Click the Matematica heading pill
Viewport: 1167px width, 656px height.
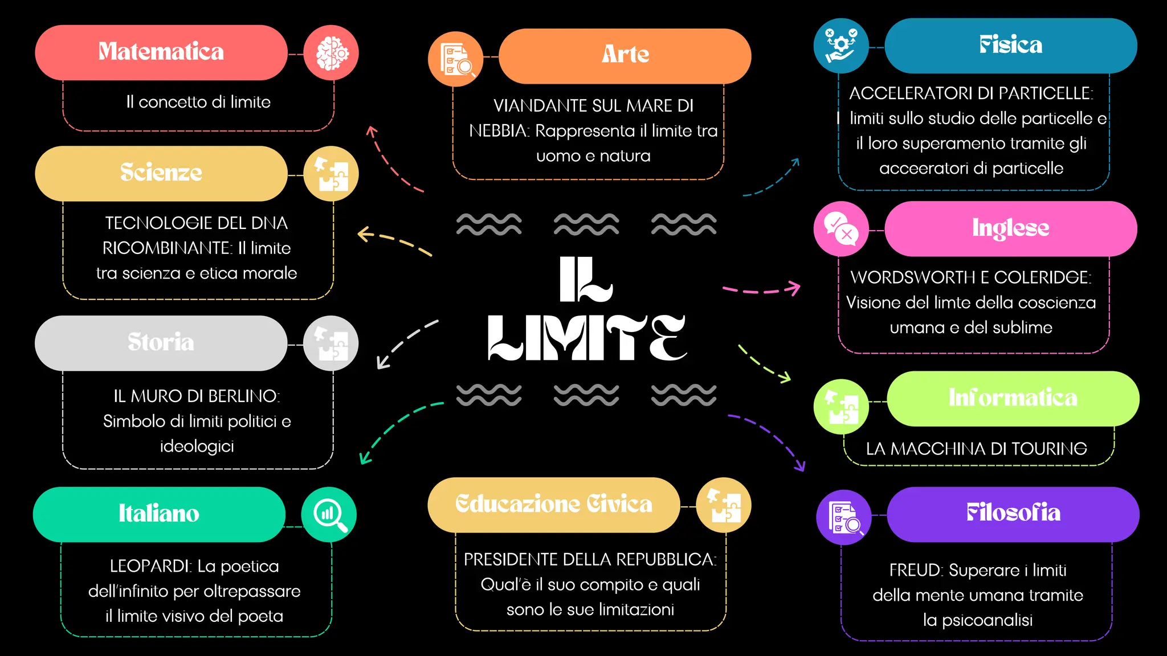(161, 52)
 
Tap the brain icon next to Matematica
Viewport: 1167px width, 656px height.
(331, 53)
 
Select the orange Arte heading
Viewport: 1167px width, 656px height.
(625, 55)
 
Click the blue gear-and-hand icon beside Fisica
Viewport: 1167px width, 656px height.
(841, 46)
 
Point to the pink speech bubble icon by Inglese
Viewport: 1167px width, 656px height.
(841, 228)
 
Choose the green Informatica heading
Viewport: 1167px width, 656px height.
(1013, 398)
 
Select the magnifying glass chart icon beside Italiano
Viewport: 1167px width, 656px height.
(329, 514)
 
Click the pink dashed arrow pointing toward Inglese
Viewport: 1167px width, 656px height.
(761, 290)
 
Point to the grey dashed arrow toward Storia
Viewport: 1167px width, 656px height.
(406, 342)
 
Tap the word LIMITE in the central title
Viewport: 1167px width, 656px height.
(587, 338)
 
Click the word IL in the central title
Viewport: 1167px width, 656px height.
(585, 279)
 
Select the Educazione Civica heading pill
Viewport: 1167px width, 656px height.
(553, 505)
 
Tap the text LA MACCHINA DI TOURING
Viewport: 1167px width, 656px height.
(976, 449)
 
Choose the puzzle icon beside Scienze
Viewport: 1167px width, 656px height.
(331, 174)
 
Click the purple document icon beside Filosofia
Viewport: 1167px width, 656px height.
(844, 516)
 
